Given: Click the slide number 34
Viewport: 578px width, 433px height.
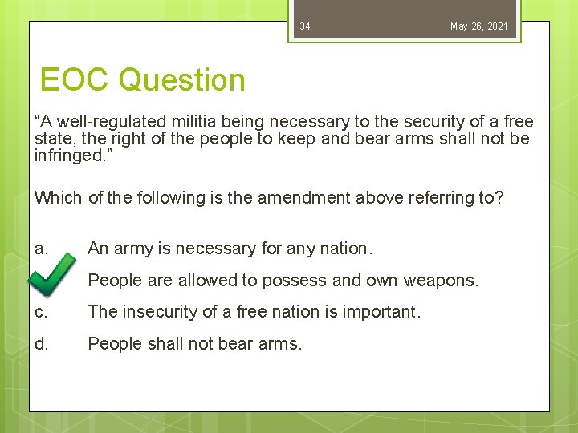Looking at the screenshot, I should tap(305, 26).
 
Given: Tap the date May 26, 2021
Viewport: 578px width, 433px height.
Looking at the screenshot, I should tap(478, 26).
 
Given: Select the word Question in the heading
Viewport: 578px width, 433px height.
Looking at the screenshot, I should tap(182, 80).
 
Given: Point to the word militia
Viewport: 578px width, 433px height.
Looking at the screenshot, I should tap(197, 122).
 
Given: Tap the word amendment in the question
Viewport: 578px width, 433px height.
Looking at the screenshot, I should tap(305, 198).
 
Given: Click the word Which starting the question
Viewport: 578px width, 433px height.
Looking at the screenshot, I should tap(58, 198).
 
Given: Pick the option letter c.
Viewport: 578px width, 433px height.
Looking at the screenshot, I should tap(40, 312).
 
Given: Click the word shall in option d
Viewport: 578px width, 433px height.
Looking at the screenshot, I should tap(156, 344).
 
